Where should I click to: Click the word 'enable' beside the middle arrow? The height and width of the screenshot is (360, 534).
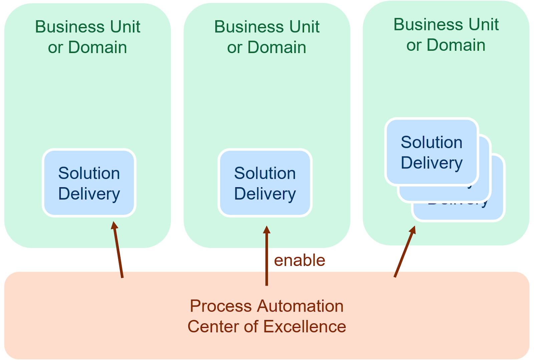[x=299, y=260]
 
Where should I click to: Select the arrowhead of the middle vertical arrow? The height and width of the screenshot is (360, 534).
[x=266, y=230]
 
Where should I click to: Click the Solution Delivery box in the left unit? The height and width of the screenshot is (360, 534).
[x=89, y=183]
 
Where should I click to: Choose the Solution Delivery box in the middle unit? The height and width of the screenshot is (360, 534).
[x=265, y=183]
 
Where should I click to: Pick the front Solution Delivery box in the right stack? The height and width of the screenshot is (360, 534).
[x=432, y=152]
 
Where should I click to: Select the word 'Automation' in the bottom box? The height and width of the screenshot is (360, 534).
[x=300, y=306]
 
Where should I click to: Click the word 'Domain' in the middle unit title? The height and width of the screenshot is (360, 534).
[x=277, y=47]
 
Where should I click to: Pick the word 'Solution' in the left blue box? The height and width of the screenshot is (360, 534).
[x=89, y=173]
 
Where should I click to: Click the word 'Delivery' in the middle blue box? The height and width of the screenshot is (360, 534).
[x=265, y=194]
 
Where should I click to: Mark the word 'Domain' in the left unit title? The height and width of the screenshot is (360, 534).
[x=97, y=47]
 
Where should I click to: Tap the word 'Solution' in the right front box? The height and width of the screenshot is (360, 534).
[x=432, y=142]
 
